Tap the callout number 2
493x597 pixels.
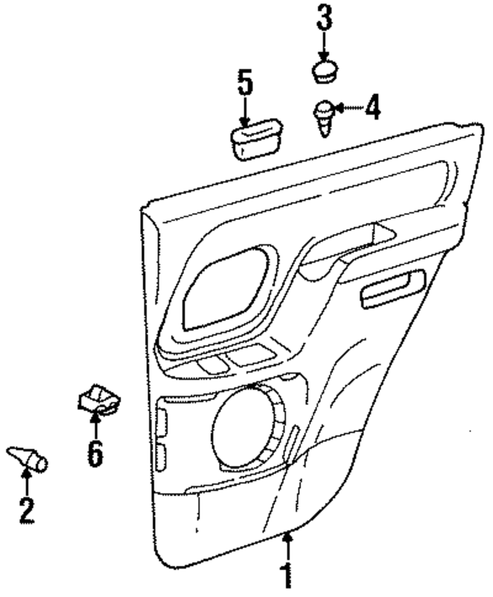click(27, 511)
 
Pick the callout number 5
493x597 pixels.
click(245, 83)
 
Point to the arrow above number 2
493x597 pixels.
click(27, 481)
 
